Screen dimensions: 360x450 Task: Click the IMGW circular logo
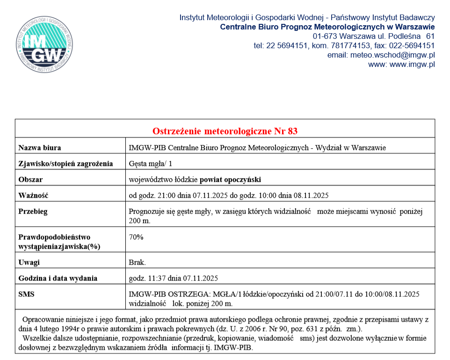click(44, 46)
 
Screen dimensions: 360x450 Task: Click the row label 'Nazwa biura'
click(40, 148)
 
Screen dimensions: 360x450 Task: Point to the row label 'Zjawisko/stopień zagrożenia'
click(65, 164)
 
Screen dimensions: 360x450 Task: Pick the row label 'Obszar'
click(31, 180)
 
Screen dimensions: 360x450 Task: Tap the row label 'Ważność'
click(33, 195)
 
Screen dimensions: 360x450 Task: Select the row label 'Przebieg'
click(33, 211)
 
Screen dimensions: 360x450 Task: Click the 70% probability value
click(136, 237)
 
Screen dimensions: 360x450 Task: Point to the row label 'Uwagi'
click(29, 262)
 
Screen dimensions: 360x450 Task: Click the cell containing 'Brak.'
click(137, 262)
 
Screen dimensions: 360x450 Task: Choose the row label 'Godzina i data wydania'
click(58, 278)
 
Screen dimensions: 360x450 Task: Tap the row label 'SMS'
click(27, 294)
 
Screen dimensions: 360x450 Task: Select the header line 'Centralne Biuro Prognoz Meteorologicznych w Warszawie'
click(327, 27)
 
